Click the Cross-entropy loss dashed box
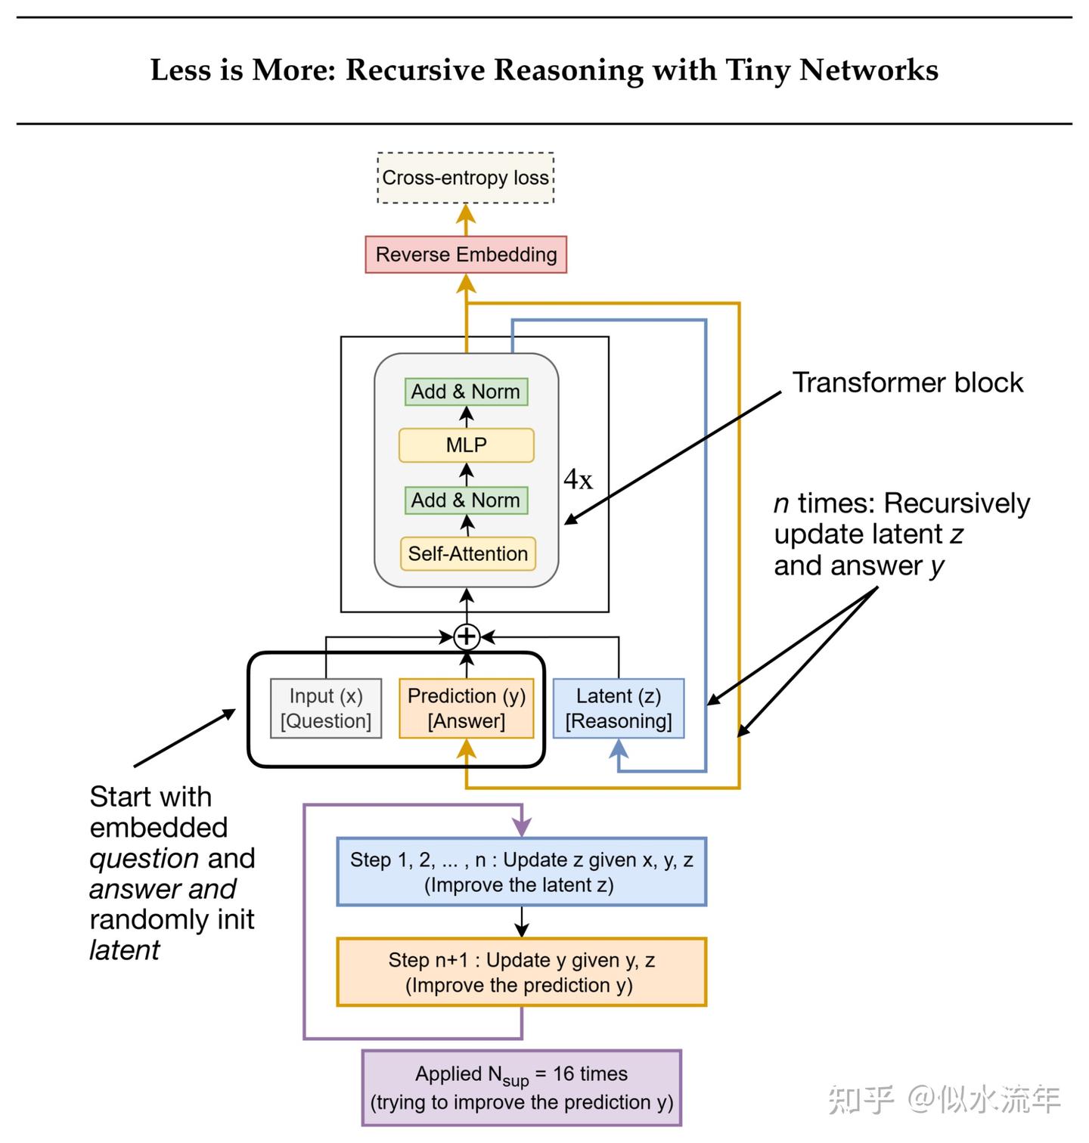[466, 178]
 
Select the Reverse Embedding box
[466, 255]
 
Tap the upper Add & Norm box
[466, 392]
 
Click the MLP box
[466, 445]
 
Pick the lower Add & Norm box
[466, 500]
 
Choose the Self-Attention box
[467, 554]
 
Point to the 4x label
[578, 479]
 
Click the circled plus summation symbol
[467, 637]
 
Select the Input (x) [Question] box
[326, 708]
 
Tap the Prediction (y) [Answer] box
[466, 708]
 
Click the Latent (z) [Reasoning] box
[619, 708]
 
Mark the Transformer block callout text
[907, 383]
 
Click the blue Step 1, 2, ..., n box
[521, 872]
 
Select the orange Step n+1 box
[521, 972]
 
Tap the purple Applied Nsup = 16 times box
[521, 1088]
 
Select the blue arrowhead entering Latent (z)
[619, 748]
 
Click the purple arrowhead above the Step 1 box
[522, 828]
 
